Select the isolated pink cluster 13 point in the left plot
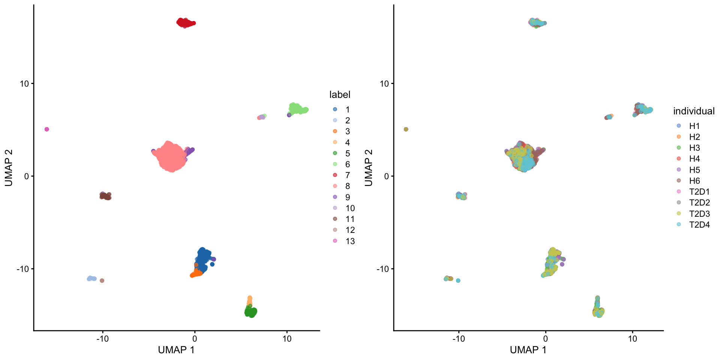tap(47, 129)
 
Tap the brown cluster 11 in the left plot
tap(105, 196)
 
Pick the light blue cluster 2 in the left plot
tap(91, 278)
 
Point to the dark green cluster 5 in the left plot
tap(250, 312)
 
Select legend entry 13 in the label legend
tap(350, 241)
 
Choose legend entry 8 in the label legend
tap(347, 186)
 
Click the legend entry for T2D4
tap(699, 225)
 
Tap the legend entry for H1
tap(694, 126)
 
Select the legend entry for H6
tap(694, 181)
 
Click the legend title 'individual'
tap(694, 111)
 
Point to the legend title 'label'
tap(340, 94)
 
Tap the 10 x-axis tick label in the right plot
tap(632, 339)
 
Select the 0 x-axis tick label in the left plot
tap(195, 339)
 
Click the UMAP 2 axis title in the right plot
tap(369, 168)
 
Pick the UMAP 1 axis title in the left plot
tap(176, 350)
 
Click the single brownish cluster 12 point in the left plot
tap(102, 280)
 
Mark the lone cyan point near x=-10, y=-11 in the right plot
tap(458, 280)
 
